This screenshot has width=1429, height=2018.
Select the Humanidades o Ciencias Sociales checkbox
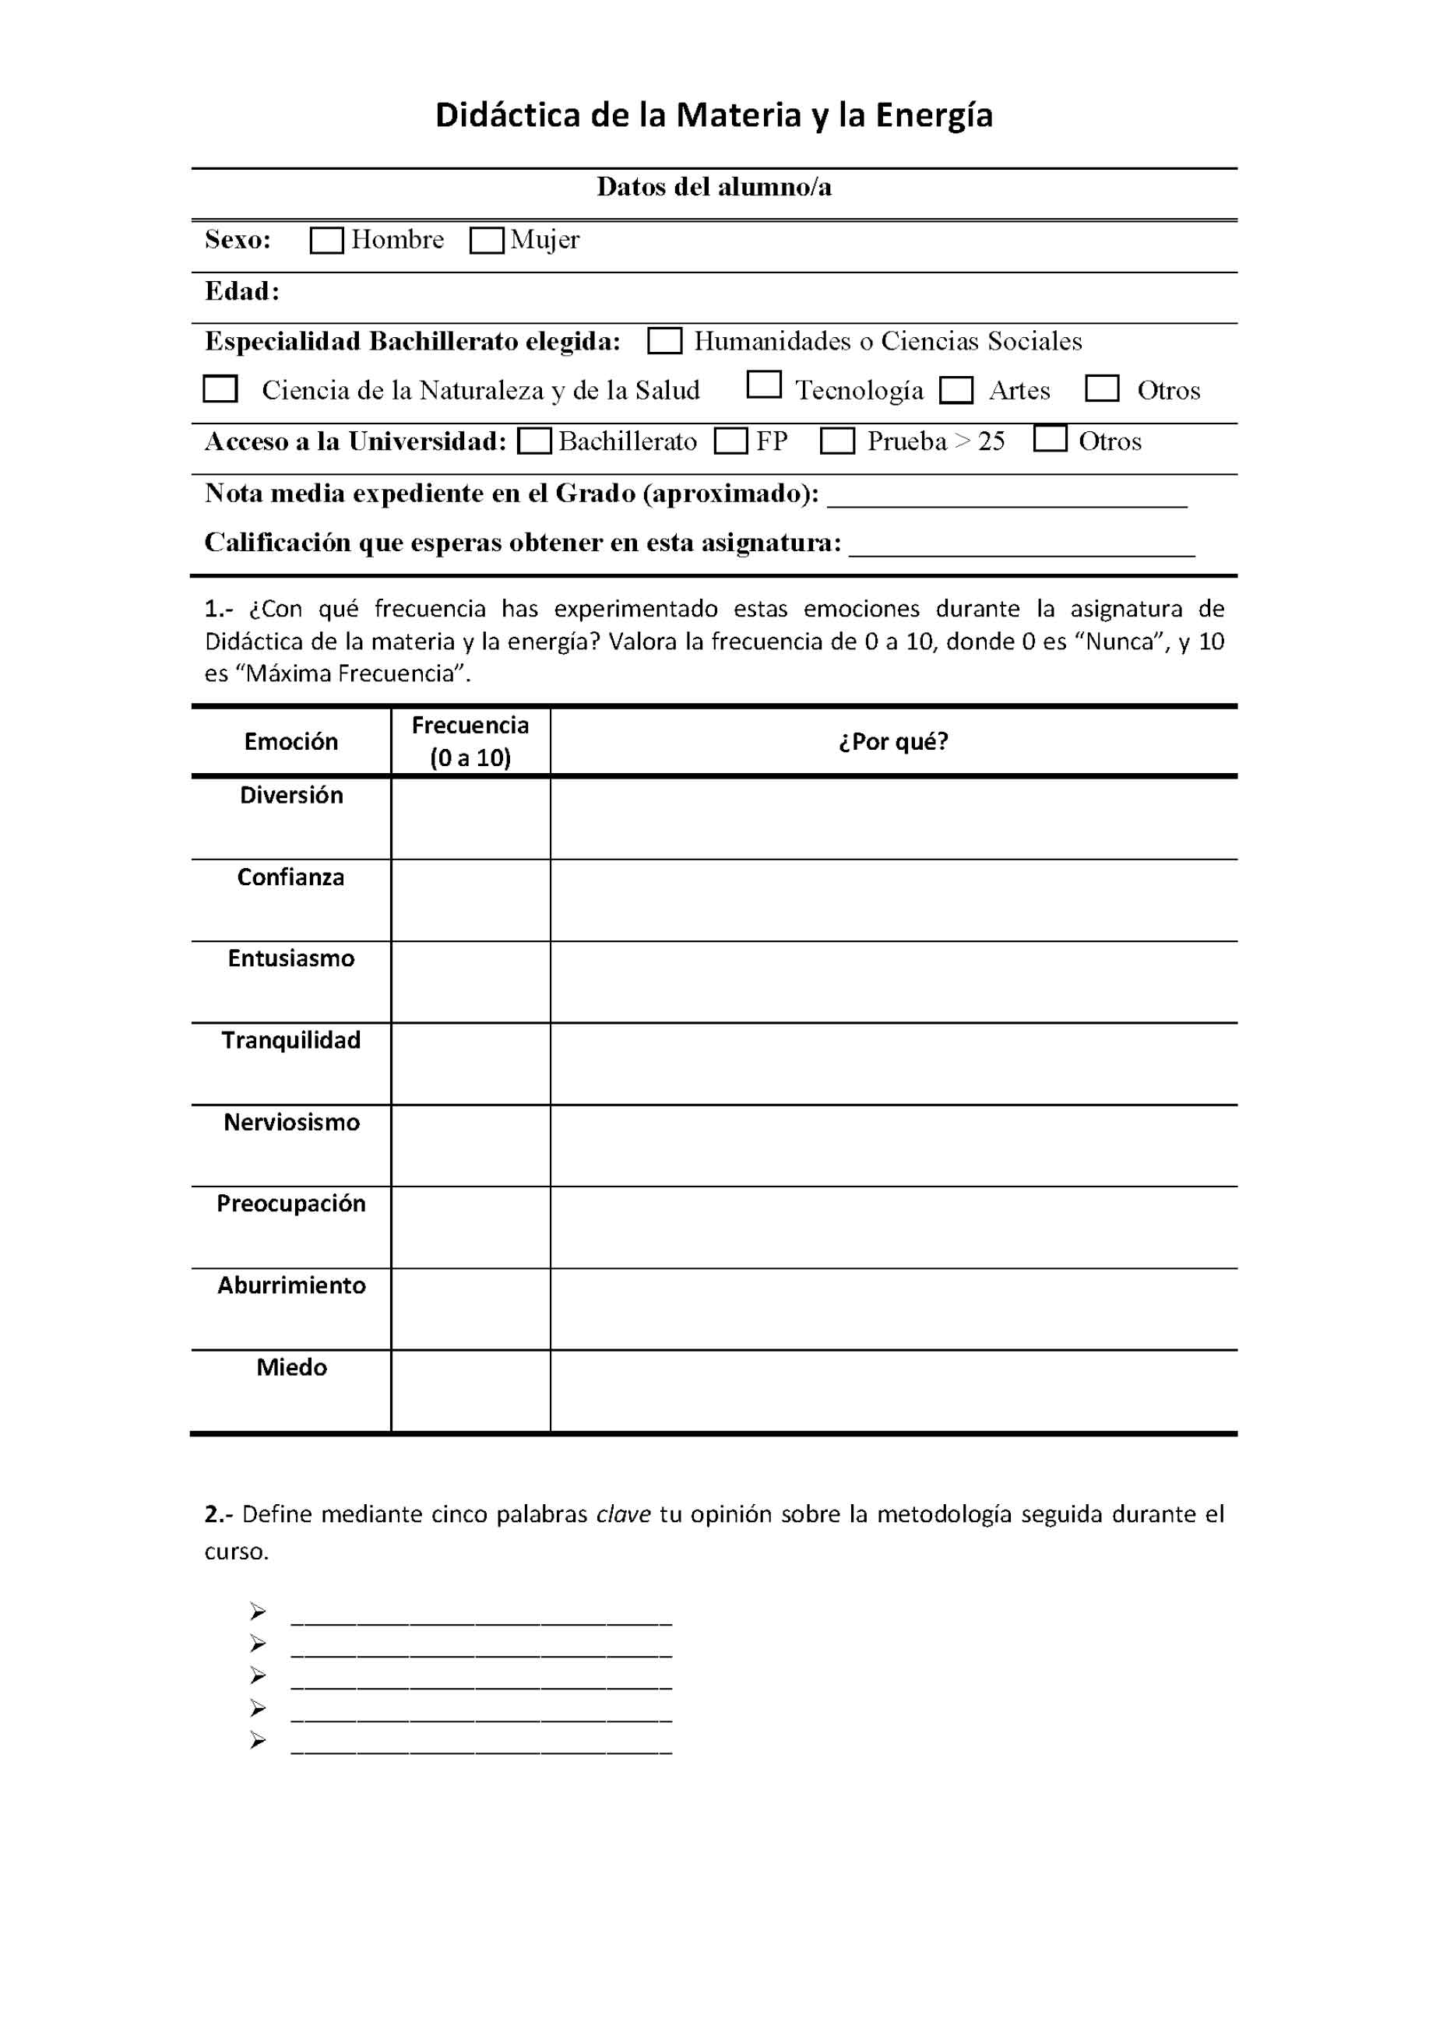coord(664,341)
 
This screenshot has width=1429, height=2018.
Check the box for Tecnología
coord(764,385)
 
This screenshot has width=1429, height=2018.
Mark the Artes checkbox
coord(956,391)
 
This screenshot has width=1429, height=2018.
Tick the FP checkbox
coord(730,441)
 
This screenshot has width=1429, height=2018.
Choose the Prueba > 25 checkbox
coord(837,441)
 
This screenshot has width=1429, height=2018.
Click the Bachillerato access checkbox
coord(534,441)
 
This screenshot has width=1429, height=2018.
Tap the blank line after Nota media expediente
coord(1008,498)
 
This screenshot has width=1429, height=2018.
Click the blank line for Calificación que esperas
coord(1022,547)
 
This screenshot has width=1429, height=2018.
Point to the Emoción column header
coord(291,742)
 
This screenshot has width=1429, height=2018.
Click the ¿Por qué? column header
coord(893,742)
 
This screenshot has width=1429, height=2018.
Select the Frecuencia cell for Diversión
coord(471,818)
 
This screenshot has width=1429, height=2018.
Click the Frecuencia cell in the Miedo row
coord(471,1390)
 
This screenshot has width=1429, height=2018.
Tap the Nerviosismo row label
coord(291,1123)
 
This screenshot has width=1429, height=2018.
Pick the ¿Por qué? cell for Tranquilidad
coord(893,1063)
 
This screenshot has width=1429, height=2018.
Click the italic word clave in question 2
coord(623,1514)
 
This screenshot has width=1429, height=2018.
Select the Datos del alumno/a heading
coord(713,188)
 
